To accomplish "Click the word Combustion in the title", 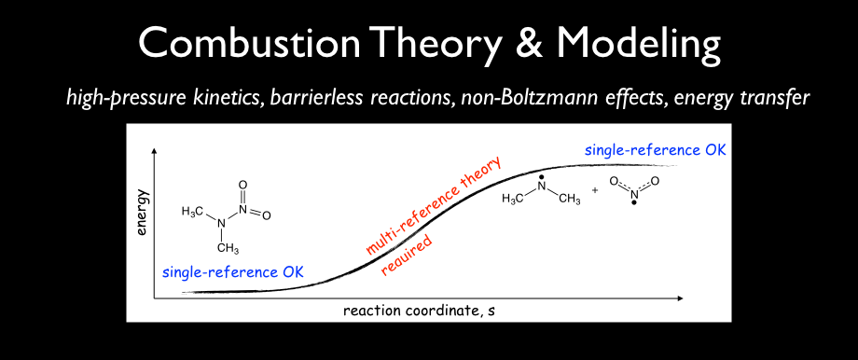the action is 250,44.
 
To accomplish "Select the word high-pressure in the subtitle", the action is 108,100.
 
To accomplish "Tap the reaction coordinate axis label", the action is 419,311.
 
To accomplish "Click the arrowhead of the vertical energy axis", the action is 156,150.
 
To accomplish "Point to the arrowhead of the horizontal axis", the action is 680,298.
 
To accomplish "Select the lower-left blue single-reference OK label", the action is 233,271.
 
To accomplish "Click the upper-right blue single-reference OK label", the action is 655,150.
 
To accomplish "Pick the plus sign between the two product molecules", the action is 595,190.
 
